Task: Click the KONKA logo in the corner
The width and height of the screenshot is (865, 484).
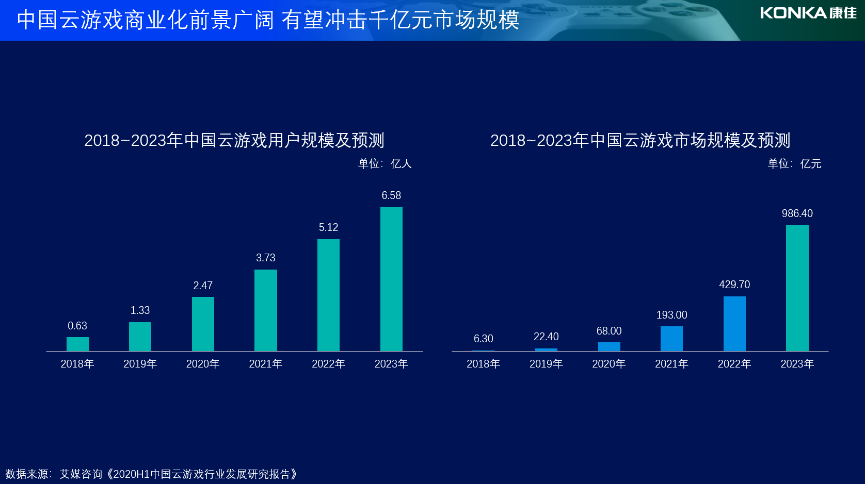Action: point(808,13)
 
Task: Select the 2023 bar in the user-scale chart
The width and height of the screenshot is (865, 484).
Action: point(391,279)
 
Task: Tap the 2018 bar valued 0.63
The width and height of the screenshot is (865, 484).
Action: point(77,344)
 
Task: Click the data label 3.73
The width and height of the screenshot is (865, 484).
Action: point(266,258)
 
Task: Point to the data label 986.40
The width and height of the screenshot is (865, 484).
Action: point(797,213)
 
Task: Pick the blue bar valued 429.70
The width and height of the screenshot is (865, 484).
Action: point(734,324)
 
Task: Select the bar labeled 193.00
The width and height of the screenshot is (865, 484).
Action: point(671,339)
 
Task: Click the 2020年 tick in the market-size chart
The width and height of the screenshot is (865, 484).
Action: point(608,364)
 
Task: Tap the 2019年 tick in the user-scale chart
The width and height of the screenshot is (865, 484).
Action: point(140,364)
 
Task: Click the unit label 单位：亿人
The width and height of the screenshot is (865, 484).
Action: point(385,164)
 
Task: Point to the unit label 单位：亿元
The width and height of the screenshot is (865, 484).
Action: point(794,164)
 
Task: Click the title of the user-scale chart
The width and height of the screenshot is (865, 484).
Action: point(234,140)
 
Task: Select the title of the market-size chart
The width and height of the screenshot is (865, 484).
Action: point(640,140)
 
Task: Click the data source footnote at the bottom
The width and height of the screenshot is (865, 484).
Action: point(151,474)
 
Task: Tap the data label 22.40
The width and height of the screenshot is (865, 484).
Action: point(546,337)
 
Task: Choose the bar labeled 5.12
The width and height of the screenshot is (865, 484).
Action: point(328,295)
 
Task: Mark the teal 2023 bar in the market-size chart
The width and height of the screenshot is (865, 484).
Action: point(797,288)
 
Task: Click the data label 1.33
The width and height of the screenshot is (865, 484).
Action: point(140,310)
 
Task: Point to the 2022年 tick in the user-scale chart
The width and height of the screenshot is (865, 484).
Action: point(328,364)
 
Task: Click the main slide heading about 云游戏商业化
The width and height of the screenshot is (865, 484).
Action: point(268,20)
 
